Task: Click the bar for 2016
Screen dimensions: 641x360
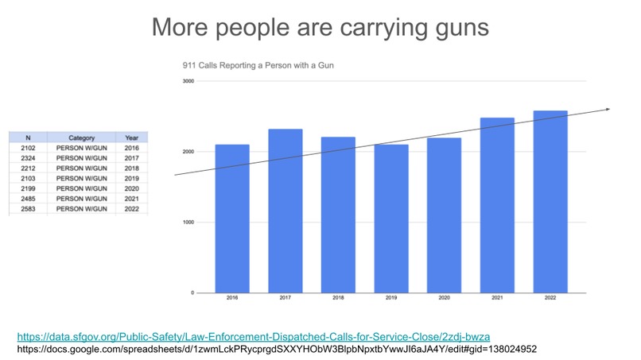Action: click(x=232, y=219)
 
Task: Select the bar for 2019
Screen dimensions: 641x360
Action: click(x=391, y=219)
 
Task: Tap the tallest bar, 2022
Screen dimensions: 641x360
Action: click(x=550, y=202)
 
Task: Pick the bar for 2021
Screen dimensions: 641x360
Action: click(x=497, y=205)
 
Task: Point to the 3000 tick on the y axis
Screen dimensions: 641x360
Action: click(x=188, y=81)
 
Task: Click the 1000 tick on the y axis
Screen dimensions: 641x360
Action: click(x=188, y=223)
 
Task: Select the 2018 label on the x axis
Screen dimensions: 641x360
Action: click(x=338, y=297)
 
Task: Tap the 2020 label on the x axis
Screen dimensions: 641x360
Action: click(x=445, y=297)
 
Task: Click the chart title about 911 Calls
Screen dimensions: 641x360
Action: click(x=258, y=65)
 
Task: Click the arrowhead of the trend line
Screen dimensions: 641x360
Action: click(x=608, y=109)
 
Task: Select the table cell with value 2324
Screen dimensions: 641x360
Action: click(x=28, y=158)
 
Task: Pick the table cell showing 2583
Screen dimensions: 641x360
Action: click(x=28, y=209)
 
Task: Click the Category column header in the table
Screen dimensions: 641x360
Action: click(x=81, y=137)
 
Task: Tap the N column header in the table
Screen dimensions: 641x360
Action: click(x=28, y=137)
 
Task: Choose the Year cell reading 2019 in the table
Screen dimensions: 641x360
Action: click(x=132, y=178)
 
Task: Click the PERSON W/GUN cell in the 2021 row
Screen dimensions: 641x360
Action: click(x=81, y=199)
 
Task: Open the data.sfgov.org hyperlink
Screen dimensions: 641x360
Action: click(x=254, y=337)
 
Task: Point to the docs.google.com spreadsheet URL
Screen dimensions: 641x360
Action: click(x=277, y=349)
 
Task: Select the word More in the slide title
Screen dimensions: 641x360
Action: click(x=181, y=27)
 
